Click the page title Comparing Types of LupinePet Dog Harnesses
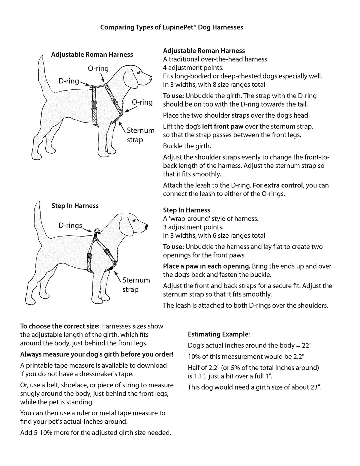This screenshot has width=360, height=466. click(172, 27)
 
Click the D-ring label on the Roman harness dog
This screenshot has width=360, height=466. click(69, 81)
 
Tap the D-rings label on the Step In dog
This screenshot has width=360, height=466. click(70, 225)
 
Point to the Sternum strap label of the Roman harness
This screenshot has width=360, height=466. click(140, 135)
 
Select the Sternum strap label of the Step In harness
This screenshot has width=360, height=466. click(136, 285)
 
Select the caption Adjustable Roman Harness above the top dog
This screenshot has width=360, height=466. click(92, 55)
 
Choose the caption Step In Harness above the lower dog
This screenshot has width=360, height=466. click(75, 206)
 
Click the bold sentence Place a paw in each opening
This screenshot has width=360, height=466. click(206, 266)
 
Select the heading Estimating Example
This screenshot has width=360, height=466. click(218, 334)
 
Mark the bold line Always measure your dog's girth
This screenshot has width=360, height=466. click(97, 354)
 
